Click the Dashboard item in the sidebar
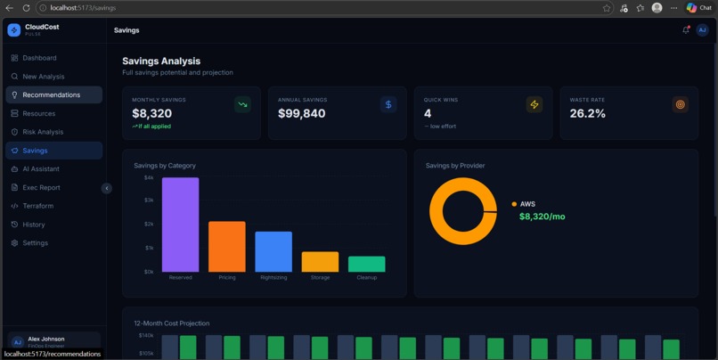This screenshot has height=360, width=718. [x=39, y=58]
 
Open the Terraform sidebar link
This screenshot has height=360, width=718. [x=37, y=206]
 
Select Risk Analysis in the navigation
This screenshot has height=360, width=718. [x=43, y=132]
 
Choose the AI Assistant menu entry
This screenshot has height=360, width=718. [x=41, y=168]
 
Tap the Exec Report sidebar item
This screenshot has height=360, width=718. [x=41, y=187]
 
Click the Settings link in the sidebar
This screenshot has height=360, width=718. [x=36, y=242]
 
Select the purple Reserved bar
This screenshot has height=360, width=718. [x=180, y=225]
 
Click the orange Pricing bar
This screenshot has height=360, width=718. [x=227, y=247]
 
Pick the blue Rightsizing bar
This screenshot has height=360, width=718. [x=273, y=251]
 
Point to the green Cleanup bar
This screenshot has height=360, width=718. [x=366, y=264]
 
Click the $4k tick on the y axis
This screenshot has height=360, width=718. [x=148, y=177]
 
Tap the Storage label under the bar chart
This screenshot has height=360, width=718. [x=320, y=278]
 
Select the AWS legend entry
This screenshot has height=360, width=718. [x=527, y=204]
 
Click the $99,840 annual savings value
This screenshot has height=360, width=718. [x=302, y=113]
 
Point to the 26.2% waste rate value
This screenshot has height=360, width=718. [x=588, y=113]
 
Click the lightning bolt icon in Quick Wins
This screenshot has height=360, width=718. [x=534, y=104]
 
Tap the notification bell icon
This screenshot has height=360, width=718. [x=686, y=30]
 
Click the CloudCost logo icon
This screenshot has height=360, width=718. [x=14, y=29]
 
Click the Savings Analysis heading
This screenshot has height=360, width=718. [x=161, y=61]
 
